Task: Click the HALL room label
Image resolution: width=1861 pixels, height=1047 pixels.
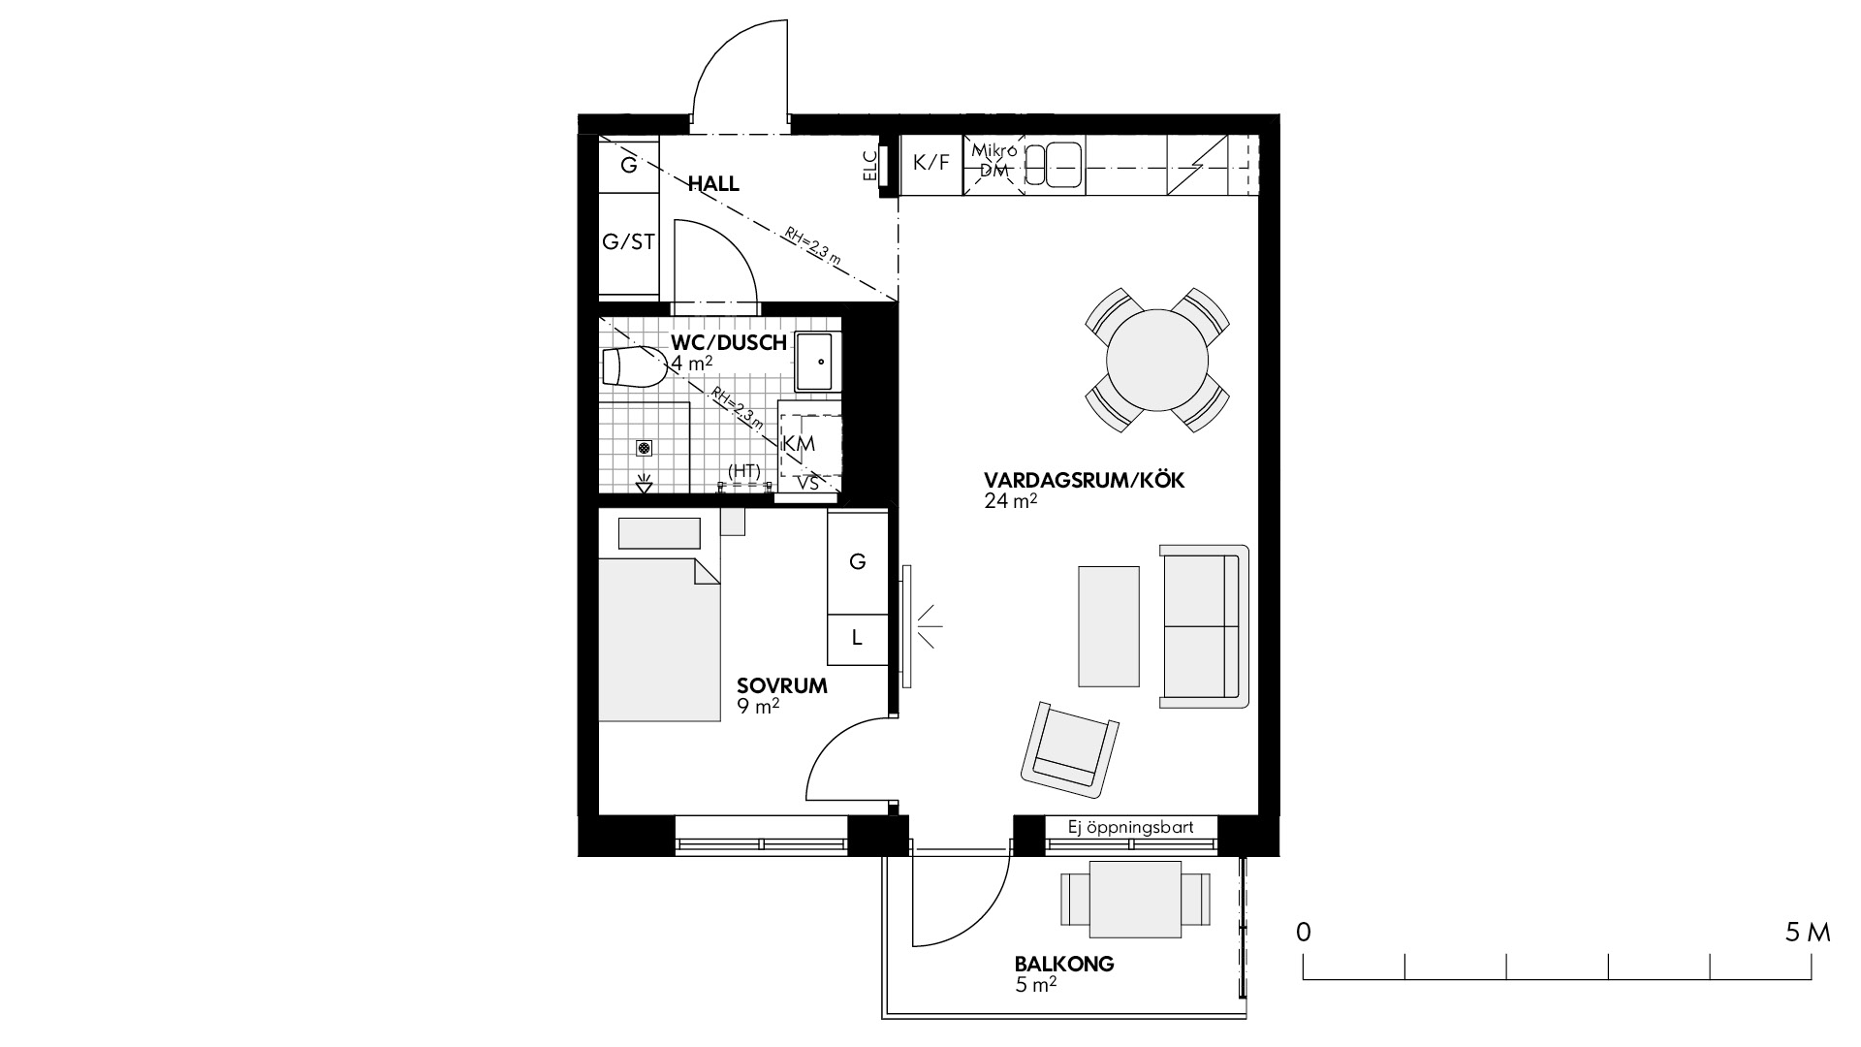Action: (x=713, y=183)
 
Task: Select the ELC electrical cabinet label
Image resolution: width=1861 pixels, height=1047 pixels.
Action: (x=868, y=166)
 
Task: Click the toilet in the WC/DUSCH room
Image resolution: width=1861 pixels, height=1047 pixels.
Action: (x=634, y=367)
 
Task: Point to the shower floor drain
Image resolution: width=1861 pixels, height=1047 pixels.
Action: (x=644, y=447)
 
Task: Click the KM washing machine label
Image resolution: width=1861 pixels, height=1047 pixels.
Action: (x=799, y=444)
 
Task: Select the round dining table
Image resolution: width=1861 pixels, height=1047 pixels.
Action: (x=1157, y=360)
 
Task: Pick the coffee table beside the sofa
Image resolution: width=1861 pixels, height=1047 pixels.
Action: (x=1109, y=626)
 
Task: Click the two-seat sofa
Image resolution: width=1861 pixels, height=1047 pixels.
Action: (x=1204, y=625)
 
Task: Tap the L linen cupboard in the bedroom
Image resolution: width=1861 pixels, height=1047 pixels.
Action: (x=857, y=639)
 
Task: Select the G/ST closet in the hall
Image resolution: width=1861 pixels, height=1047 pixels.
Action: (x=629, y=242)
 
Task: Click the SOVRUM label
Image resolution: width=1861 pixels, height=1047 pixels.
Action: (x=782, y=686)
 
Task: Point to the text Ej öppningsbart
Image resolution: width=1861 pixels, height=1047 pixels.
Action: (x=1130, y=828)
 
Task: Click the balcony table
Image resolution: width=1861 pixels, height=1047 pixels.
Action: (x=1136, y=899)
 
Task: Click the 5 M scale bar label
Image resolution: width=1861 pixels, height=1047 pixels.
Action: (x=1808, y=934)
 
